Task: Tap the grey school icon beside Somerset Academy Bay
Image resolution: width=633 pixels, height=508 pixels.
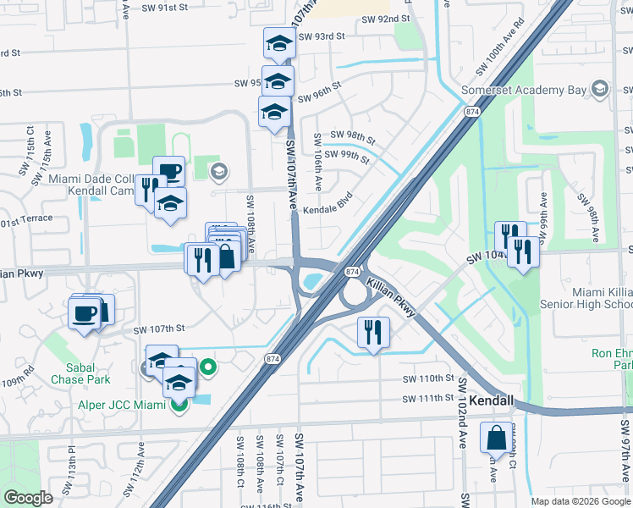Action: coord(600,89)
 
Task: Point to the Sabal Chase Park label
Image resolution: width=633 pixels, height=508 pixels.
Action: coord(85,373)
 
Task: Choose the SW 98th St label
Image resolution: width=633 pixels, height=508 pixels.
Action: coord(352,136)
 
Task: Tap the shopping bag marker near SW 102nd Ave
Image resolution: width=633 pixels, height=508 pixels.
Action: coord(496,438)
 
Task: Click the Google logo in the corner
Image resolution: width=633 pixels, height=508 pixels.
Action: coord(28,498)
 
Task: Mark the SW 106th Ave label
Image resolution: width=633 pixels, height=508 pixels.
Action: coord(319,161)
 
